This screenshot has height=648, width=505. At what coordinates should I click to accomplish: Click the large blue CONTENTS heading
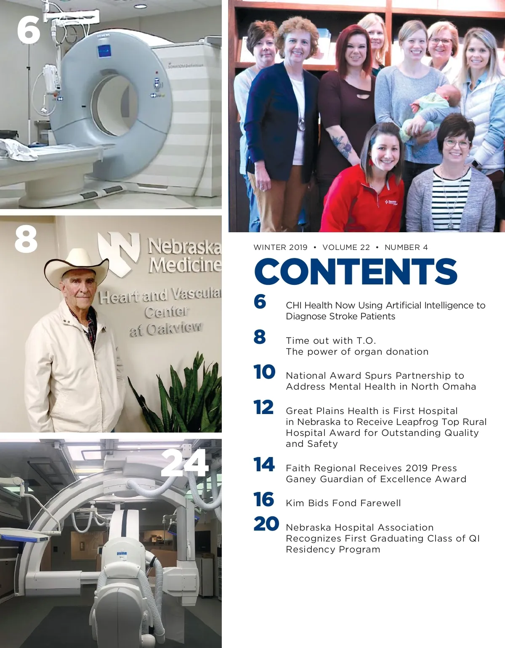355,271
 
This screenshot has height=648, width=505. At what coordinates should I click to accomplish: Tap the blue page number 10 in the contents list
264,372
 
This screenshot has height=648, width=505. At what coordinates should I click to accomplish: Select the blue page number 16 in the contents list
264,499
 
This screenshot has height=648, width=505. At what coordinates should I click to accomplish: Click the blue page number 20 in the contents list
266,524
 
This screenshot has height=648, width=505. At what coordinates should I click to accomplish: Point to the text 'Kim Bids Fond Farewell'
343,503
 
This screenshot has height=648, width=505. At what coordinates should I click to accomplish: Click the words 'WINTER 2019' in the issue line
280,247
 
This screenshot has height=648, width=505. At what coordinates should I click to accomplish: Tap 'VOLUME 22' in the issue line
346,247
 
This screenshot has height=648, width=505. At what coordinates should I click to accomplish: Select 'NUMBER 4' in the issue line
406,247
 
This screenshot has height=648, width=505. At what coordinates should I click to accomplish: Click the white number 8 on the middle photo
26,239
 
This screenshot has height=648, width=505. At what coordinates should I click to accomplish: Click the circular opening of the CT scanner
115,104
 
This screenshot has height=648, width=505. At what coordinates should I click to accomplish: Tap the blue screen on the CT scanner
104,51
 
